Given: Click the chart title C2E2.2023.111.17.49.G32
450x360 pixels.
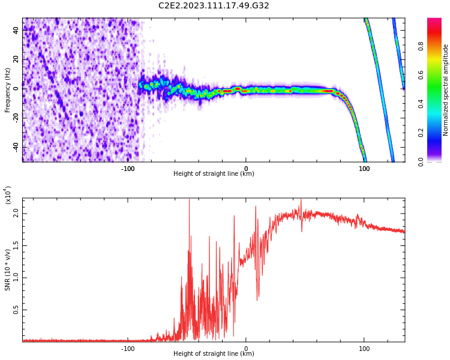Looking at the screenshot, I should pyautogui.click(x=214, y=5).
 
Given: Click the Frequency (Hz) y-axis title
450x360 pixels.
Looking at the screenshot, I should pyautogui.click(x=8, y=90).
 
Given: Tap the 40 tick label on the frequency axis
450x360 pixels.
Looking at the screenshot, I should pyautogui.click(x=16, y=30).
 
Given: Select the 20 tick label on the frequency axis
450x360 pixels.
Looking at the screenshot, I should pyautogui.click(x=16, y=59).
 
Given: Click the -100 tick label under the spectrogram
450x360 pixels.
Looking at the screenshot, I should pyautogui.click(x=128, y=169).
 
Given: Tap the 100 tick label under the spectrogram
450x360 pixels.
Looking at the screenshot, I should pyautogui.click(x=364, y=169).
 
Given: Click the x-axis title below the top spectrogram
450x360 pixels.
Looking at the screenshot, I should pyautogui.click(x=214, y=174).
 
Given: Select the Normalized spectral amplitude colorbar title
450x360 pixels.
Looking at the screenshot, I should pyautogui.click(x=446, y=90).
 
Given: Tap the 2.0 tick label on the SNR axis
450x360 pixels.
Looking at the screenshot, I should pyautogui.click(x=15, y=213).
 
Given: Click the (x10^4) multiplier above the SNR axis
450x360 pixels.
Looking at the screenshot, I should pyautogui.click(x=8, y=195).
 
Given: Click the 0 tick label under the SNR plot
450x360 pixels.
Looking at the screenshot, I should pyautogui.click(x=246, y=349).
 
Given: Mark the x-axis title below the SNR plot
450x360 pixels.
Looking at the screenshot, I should pyautogui.click(x=214, y=354).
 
